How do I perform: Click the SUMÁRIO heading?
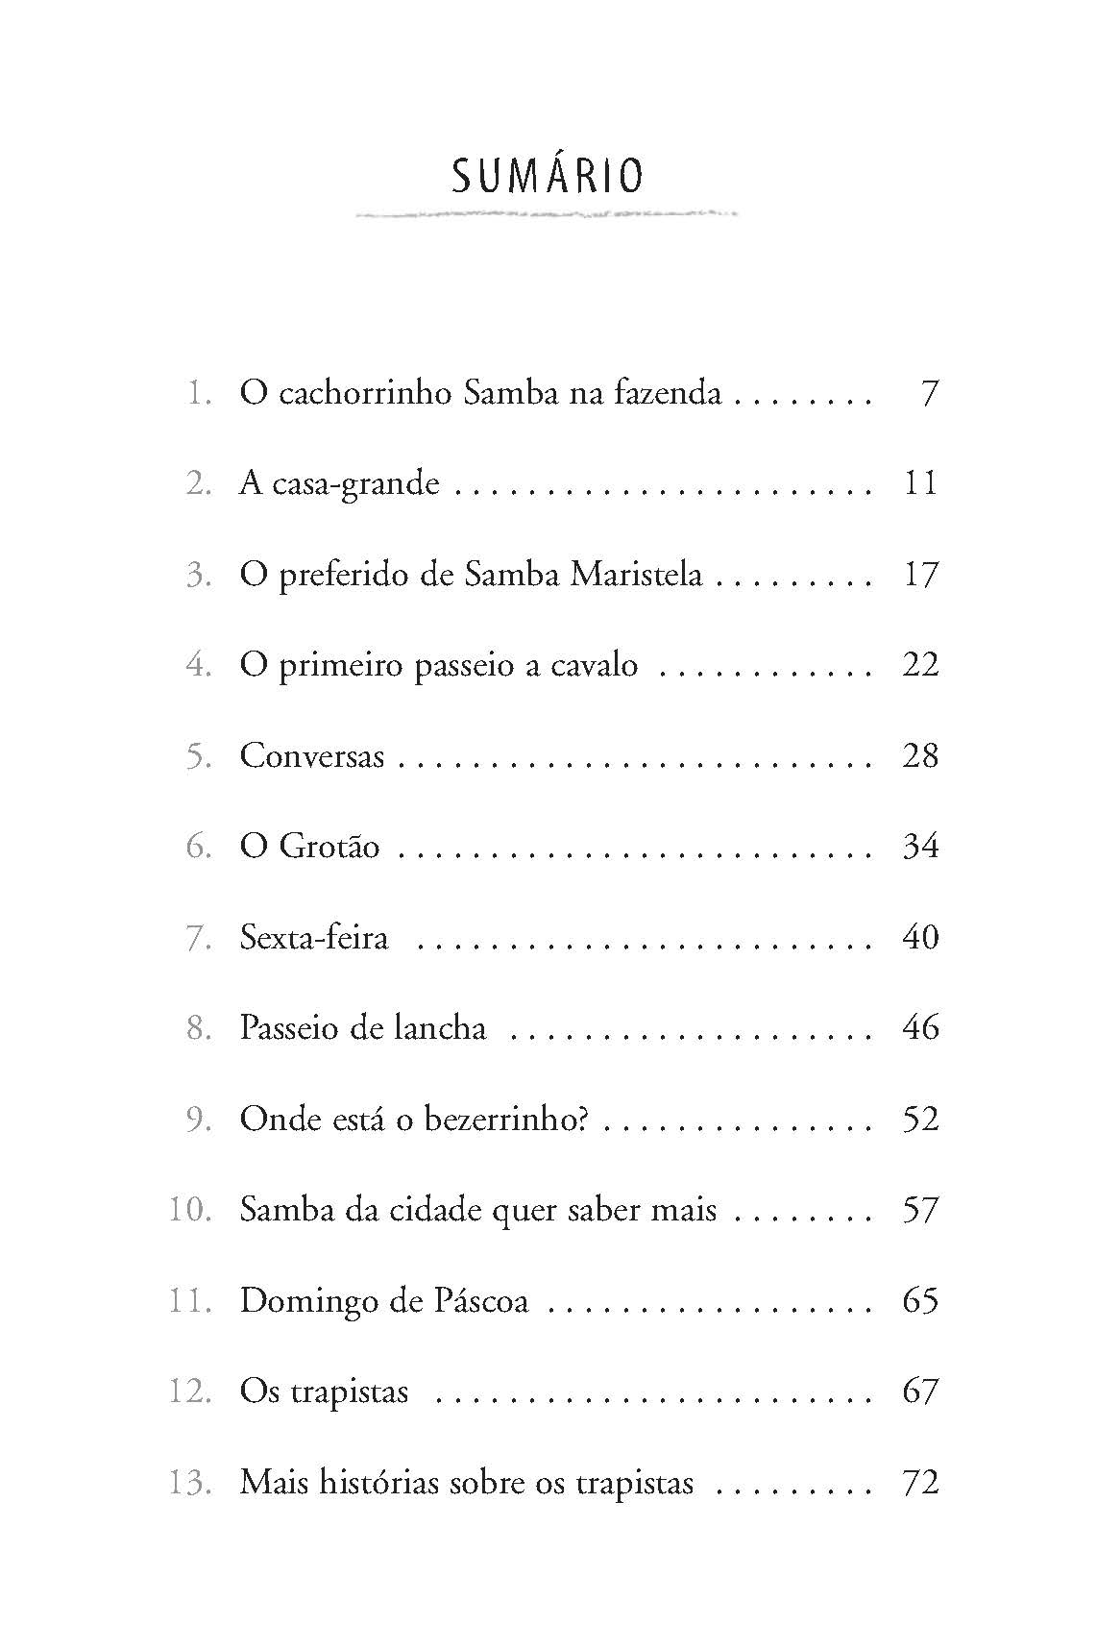[548, 176]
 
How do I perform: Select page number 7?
[928, 393]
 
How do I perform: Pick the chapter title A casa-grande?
[339, 483]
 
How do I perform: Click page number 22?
[920, 665]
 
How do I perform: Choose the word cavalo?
[594, 665]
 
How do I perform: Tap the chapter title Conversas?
[312, 756]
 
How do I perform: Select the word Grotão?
[329, 847]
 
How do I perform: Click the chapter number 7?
[199, 938]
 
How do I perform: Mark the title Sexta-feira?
[314, 938]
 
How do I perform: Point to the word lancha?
[440, 1028]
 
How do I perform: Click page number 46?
[920, 1028]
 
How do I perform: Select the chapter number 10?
[189, 1210]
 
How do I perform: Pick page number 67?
[920, 1391]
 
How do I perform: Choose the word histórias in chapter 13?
[369, 1482]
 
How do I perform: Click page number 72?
[920, 1482]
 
